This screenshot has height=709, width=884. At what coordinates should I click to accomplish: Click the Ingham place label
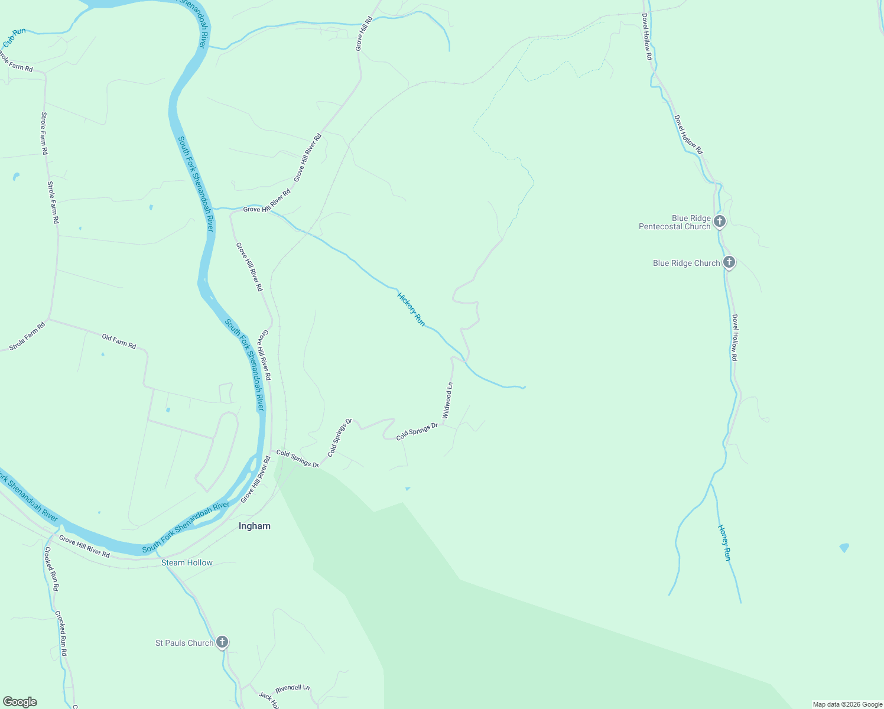click(254, 526)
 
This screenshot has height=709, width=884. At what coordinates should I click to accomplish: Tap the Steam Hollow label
click(187, 562)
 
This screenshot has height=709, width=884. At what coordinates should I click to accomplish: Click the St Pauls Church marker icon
click(222, 642)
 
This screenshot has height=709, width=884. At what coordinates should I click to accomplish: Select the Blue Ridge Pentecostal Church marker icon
click(719, 222)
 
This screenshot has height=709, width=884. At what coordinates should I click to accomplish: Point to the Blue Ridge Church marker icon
click(729, 262)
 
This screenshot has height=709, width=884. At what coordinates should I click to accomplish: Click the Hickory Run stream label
click(411, 309)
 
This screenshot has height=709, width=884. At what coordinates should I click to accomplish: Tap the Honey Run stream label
click(724, 542)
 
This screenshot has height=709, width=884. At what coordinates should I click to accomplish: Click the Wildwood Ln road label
click(448, 401)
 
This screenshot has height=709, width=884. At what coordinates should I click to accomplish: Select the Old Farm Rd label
click(119, 341)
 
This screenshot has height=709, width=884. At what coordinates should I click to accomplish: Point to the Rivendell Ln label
click(292, 688)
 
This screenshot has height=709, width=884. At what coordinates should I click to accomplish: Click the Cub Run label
click(14, 38)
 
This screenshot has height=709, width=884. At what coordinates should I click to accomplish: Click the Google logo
click(19, 702)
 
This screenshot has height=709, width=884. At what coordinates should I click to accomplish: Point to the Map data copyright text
click(847, 704)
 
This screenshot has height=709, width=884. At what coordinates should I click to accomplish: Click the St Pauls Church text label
click(184, 643)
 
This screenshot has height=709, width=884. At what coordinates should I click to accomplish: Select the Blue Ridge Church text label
click(686, 263)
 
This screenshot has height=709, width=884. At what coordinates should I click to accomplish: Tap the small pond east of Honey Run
click(844, 548)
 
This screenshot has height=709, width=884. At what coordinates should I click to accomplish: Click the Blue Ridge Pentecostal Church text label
click(674, 222)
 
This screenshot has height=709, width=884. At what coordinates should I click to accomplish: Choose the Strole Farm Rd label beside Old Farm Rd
click(27, 337)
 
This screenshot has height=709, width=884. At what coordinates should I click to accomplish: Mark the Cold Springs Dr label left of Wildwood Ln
click(417, 431)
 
